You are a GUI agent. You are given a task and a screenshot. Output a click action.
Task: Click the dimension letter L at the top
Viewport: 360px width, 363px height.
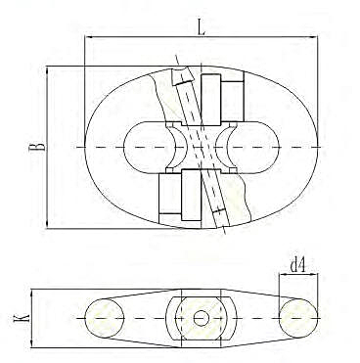[202, 28]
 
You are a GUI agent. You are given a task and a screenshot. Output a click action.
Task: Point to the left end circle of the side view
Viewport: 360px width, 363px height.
[105, 318]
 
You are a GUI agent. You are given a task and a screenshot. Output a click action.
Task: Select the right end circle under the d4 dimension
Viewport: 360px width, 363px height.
[298, 318]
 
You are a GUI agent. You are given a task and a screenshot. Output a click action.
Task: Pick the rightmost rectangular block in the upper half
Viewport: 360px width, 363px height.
[232, 97]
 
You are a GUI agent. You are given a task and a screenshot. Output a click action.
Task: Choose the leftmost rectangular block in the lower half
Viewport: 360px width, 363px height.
[168, 194]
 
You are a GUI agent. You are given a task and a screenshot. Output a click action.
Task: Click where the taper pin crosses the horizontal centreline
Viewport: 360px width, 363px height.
[201, 147]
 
